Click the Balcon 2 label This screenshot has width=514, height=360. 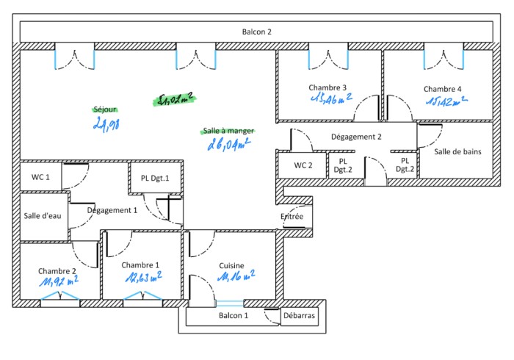[x=257, y=32]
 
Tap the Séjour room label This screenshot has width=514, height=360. [x=106, y=109]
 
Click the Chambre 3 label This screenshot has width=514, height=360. [x=327, y=87]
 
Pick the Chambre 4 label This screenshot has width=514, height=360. [x=443, y=89]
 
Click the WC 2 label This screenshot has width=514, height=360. [x=303, y=165]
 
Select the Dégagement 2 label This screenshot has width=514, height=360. [x=356, y=137]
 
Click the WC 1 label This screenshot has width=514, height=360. [x=40, y=177]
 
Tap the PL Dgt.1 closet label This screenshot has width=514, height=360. [x=155, y=178]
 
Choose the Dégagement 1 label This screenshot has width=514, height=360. [x=112, y=210]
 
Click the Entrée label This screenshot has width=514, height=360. [x=292, y=217]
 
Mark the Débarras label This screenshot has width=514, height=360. [x=300, y=315]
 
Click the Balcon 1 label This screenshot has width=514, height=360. [x=234, y=315]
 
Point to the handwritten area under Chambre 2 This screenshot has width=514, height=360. [x=59, y=281]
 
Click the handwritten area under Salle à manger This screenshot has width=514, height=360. [x=230, y=145]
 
